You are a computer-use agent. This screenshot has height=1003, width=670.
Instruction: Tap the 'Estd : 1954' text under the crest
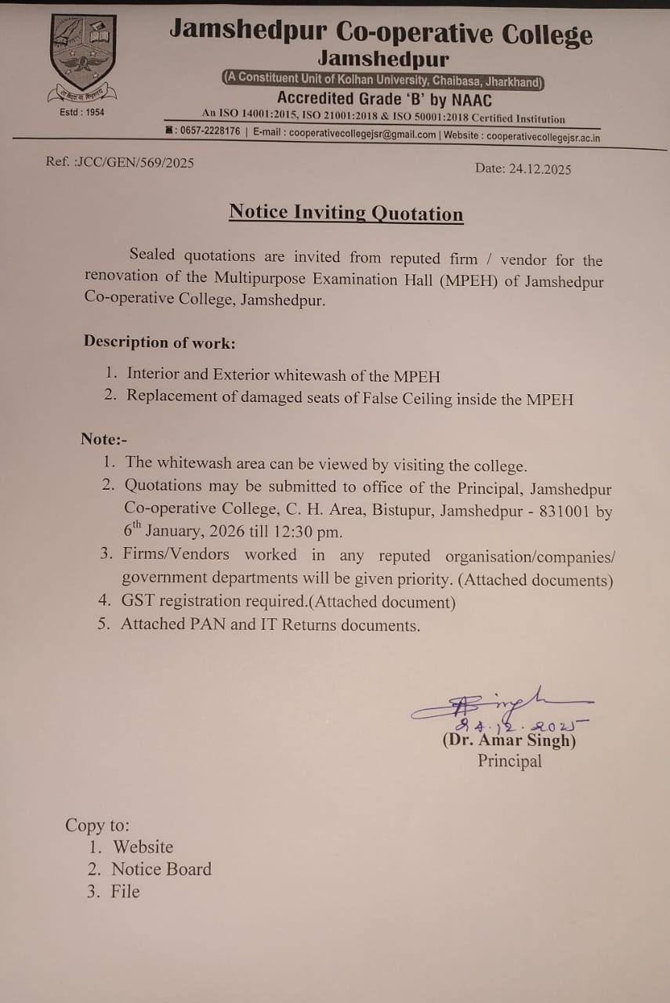pos(82,112)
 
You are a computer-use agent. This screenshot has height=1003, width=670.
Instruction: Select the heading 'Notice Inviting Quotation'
pos(346,213)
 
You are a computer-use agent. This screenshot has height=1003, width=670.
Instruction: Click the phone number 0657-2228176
pos(210,132)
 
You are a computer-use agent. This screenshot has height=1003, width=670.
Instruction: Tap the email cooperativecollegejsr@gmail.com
pos(362,134)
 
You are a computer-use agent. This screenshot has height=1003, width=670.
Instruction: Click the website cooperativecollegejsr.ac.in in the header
pos(543,136)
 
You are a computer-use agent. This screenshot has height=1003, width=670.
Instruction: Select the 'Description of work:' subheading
pos(160,342)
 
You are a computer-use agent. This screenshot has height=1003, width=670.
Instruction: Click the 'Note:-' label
pos(104,439)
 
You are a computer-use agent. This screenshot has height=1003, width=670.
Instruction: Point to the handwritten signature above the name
pos(502,704)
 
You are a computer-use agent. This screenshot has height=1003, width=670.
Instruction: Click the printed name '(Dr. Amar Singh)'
pos(509,740)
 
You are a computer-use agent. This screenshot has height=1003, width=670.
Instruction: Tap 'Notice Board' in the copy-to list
pos(161,869)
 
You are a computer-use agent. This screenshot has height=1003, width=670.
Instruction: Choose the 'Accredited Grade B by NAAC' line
pos(384,99)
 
